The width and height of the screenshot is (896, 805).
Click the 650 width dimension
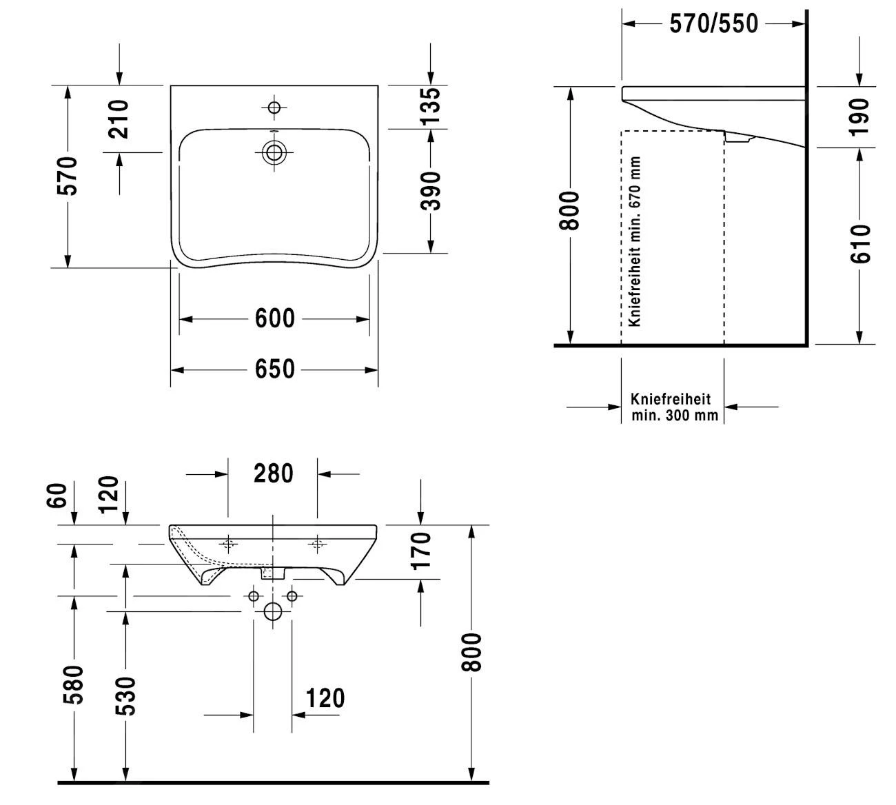coord(274,369)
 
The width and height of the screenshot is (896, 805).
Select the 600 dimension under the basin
coord(274,318)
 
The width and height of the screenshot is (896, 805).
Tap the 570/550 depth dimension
coord(713,23)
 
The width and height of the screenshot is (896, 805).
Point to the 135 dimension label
coord(430,106)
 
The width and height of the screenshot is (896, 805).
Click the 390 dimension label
coord(430,191)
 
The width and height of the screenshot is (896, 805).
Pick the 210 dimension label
coord(119,119)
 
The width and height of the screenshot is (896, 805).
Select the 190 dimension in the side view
coord(859,116)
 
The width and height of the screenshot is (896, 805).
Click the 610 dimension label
coord(859,243)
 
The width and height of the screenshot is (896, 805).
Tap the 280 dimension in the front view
coord(274,473)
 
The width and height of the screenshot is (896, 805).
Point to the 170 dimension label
coord(420,551)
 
